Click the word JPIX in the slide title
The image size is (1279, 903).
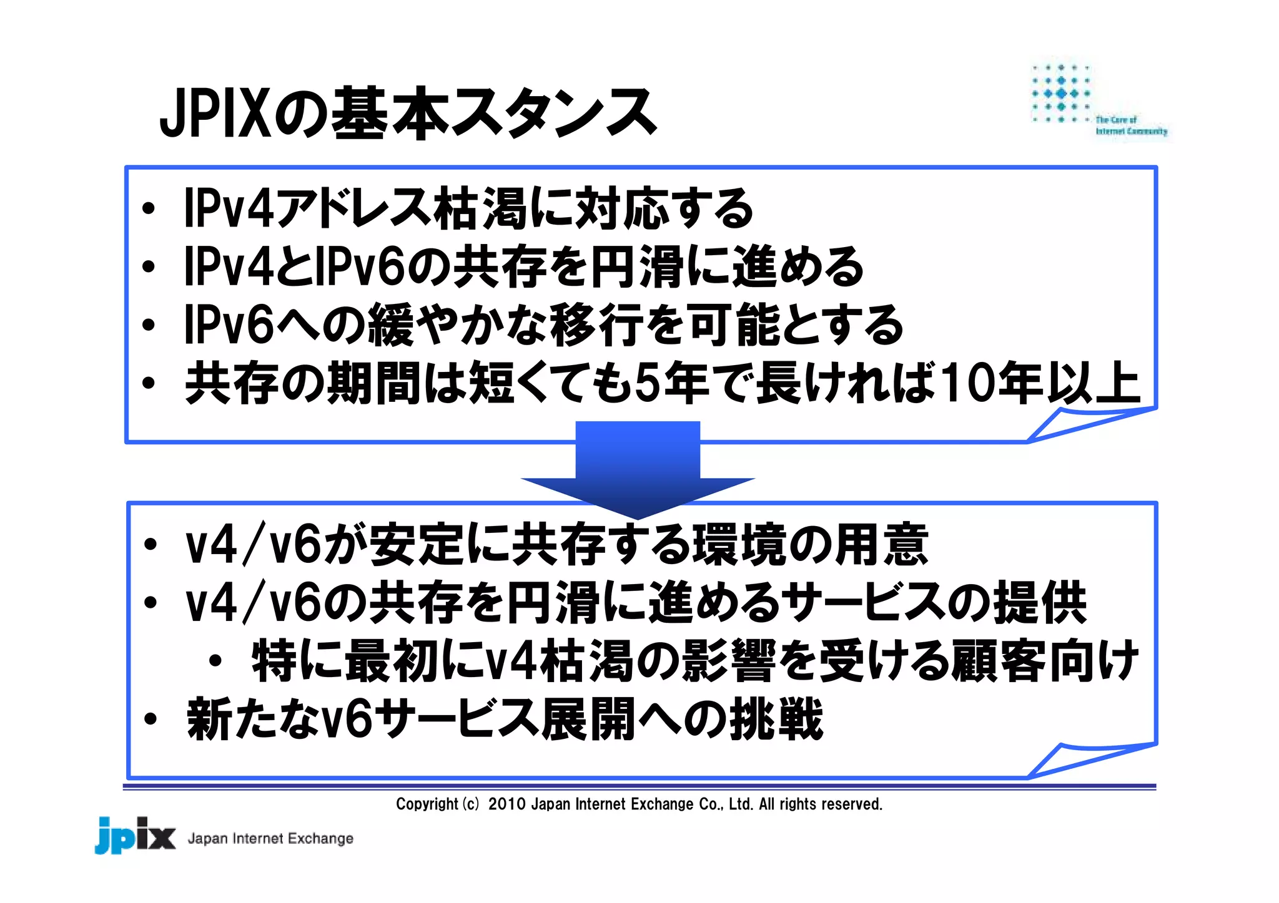coord(215,114)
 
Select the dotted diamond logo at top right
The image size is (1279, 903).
coord(1061,94)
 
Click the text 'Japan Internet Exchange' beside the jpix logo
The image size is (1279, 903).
coord(270,838)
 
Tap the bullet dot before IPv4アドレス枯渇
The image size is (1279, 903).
coord(149,208)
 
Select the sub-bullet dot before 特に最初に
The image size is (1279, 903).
coord(215,661)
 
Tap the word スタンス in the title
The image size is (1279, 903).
coord(553,114)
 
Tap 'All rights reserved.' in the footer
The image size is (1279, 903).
coord(820,804)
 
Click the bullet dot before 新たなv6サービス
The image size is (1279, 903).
coord(150,719)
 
